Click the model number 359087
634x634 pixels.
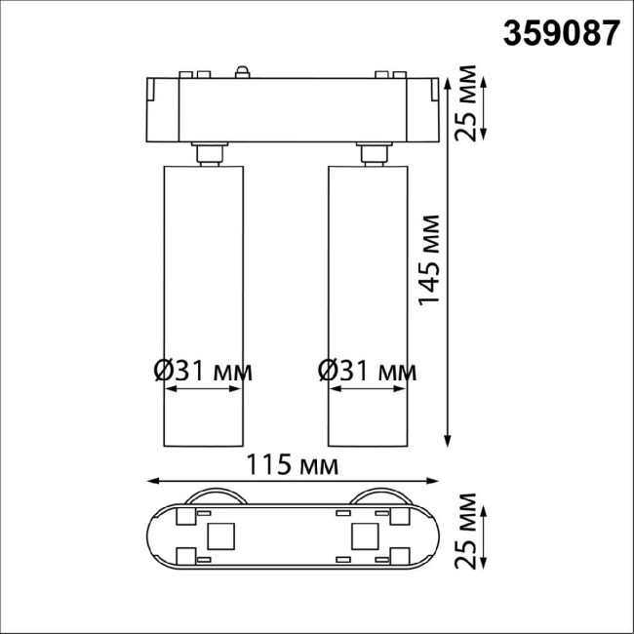click(x=561, y=33)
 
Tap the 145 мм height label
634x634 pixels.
click(x=428, y=258)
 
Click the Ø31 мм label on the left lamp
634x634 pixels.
click(x=203, y=371)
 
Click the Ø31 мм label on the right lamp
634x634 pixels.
click(x=367, y=371)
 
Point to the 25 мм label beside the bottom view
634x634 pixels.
click(x=470, y=533)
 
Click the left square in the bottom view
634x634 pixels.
click(x=219, y=535)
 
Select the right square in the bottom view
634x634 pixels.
click(x=365, y=535)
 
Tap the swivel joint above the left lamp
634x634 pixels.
click(x=207, y=154)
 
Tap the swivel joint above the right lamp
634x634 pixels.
click(x=371, y=154)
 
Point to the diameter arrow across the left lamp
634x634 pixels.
click(x=202, y=389)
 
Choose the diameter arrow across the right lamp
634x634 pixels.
click(x=366, y=389)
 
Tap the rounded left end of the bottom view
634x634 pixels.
click(x=156, y=535)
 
